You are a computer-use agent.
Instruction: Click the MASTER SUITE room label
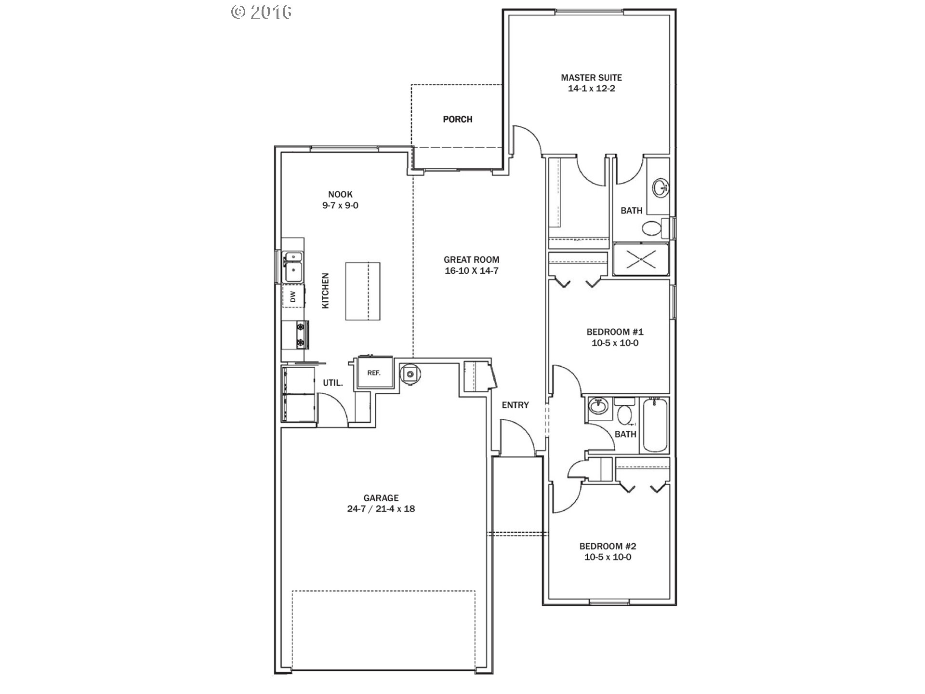click(x=591, y=78)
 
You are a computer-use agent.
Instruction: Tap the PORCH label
click(x=458, y=119)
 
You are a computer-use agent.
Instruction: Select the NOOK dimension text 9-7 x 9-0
click(x=340, y=205)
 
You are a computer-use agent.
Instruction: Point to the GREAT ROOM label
click(x=471, y=260)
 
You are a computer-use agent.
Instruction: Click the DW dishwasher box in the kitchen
click(x=293, y=297)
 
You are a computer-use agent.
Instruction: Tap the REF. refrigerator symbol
click(x=374, y=373)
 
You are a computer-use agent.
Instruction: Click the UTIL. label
click(x=333, y=383)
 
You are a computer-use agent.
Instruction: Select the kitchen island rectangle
click(x=362, y=291)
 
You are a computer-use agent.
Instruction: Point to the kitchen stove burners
click(x=301, y=334)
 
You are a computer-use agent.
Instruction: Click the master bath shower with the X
click(x=641, y=259)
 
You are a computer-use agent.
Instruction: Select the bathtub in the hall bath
click(x=654, y=426)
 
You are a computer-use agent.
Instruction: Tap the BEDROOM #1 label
click(x=615, y=332)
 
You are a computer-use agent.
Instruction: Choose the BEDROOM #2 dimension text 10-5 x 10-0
click(x=608, y=557)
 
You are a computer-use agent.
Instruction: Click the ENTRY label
click(x=515, y=405)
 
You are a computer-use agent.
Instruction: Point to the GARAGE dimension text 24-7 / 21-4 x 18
click(x=381, y=509)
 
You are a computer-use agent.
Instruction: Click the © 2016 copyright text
click(x=262, y=12)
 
